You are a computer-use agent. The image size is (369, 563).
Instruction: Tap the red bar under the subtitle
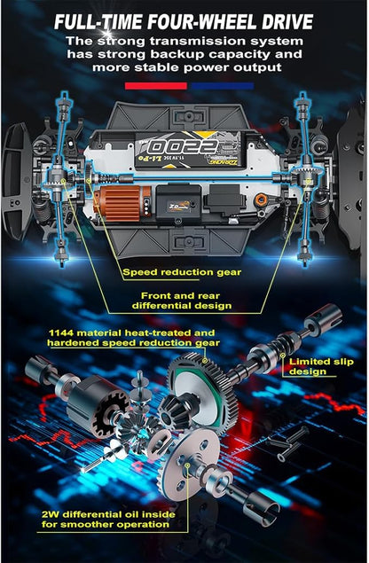tap(156, 86)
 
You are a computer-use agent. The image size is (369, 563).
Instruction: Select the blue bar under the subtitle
tap(223, 86)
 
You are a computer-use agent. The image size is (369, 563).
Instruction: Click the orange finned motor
tap(122, 203)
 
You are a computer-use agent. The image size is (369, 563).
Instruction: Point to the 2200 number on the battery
tap(184, 147)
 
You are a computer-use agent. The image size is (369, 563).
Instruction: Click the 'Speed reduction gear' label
tap(182, 272)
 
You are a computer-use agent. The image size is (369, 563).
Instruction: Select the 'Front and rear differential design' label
tap(182, 301)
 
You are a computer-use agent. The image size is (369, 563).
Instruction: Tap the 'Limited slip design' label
tap(321, 366)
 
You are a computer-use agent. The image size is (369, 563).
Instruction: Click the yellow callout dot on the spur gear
tap(205, 361)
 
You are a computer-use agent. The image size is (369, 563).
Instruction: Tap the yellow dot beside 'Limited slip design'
tap(283, 356)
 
